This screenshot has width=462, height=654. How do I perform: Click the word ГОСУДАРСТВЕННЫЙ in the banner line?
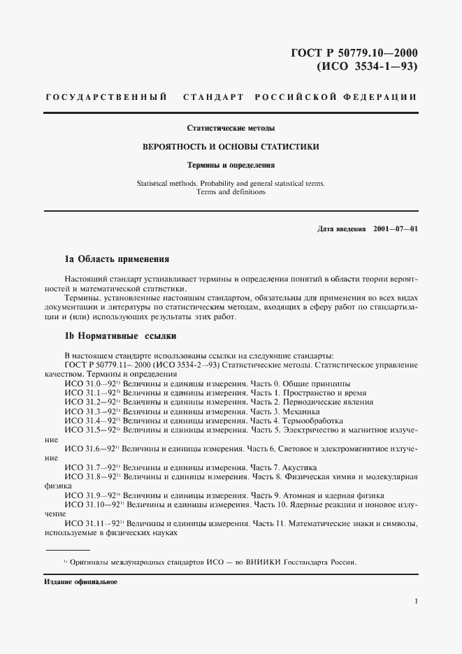point(106,97)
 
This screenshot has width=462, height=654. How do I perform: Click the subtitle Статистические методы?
point(230,129)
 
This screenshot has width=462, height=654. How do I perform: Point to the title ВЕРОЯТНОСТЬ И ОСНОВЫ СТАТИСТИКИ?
point(231,147)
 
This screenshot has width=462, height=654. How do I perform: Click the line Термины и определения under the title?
point(231,166)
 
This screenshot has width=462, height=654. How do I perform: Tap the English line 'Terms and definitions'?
point(231,192)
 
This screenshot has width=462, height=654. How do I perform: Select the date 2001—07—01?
point(396,228)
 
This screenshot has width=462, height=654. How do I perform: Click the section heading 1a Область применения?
point(117,259)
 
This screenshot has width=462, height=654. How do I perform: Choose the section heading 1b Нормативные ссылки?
point(115,335)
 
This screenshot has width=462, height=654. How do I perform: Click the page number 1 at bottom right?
point(416,601)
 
